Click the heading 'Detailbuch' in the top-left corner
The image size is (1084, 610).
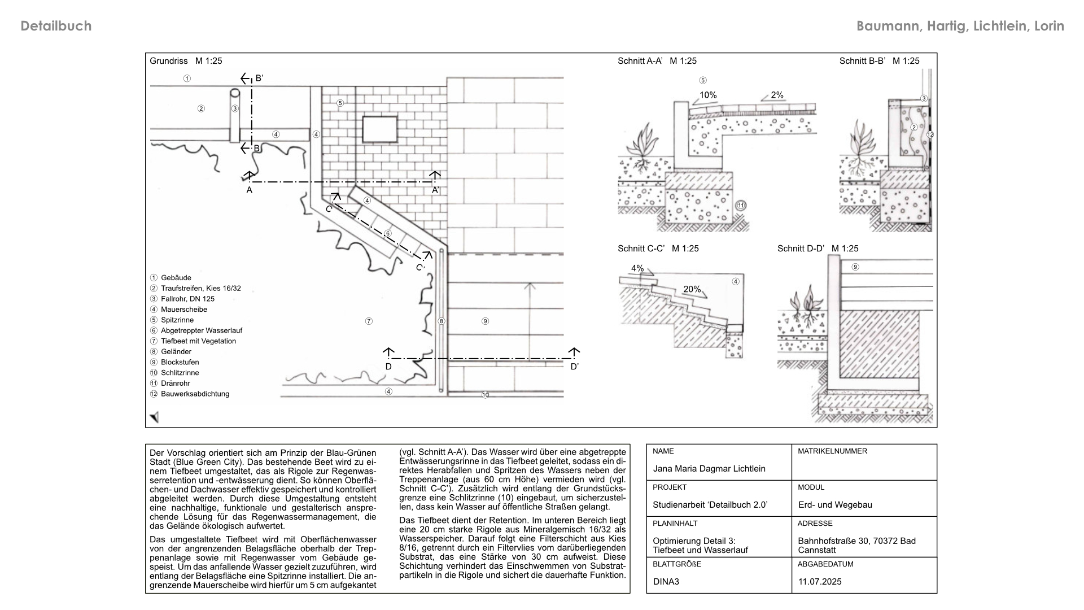pyautogui.click(x=56, y=26)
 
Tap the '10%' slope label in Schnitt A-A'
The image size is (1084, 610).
pyautogui.click(x=708, y=95)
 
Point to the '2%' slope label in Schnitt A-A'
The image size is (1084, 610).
pyautogui.click(x=777, y=95)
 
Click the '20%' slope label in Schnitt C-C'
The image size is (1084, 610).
pyautogui.click(x=692, y=289)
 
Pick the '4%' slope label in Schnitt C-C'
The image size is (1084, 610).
pyautogui.click(x=637, y=268)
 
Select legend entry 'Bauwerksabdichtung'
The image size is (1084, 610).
pyautogui.click(x=195, y=394)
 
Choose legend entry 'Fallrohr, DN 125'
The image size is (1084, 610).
pyautogui.click(x=187, y=299)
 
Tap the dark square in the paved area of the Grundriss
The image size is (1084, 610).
pyautogui.click(x=379, y=129)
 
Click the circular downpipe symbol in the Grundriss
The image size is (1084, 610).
pyautogui.click(x=235, y=93)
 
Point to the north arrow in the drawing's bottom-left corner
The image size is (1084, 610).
pyautogui.click(x=154, y=417)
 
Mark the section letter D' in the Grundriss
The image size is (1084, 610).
pyautogui.click(x=575, y=367)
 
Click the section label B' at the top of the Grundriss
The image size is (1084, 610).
pyautogui.click(x=259, y=78)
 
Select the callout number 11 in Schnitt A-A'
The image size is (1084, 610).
pyautogui.click(x=741, y=206)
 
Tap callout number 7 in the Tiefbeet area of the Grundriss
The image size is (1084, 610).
pyautogui.click(x=369, y=321)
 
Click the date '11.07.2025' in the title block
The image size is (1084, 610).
pyautogui.click(x=820, y=581)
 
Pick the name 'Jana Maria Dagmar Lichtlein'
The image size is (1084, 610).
pyautogui.click(x=709, y=468)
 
